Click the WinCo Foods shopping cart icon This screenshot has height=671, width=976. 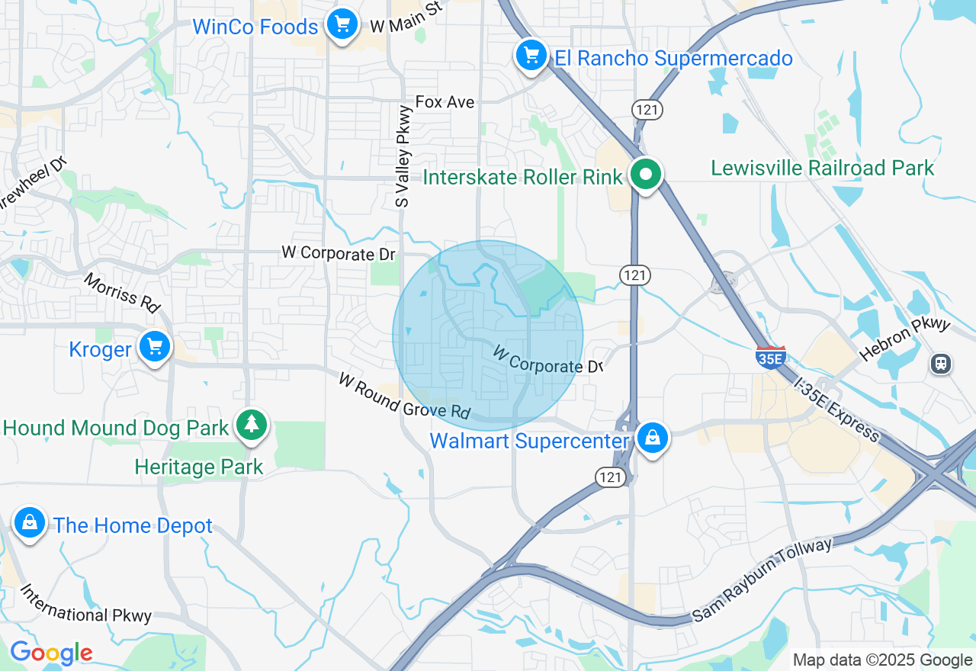point(342,25)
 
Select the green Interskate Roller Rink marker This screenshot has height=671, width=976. point(646,175)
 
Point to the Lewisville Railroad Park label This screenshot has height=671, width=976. point(822,168)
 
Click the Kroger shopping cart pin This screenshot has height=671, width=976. point(156,348)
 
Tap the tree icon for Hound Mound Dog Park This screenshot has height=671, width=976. point(251,425)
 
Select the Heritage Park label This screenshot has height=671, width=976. point(199,467)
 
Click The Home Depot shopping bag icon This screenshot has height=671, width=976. point(29,523)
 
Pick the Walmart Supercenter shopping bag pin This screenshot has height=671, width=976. point(653,438)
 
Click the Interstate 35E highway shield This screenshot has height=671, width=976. point(771,356)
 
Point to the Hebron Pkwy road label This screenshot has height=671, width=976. point(905,339)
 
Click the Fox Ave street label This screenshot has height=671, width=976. point(445,102)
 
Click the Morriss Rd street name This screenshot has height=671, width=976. point(122,292)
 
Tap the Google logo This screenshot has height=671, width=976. point(51,653)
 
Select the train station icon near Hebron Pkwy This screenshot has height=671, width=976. point(942,364)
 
